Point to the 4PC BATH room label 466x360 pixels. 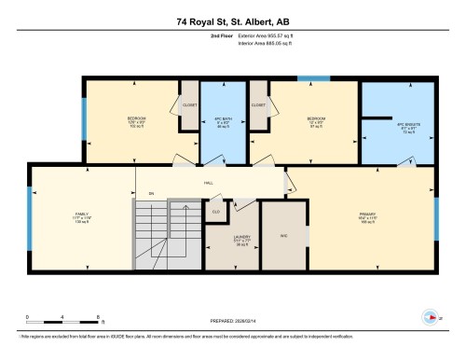(x=221, y=121)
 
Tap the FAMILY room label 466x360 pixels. (x=82, y=215)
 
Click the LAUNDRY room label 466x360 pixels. (x=240, y=240)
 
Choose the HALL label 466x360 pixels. (x=210, y=183)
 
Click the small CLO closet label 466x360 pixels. (x=216, y=213)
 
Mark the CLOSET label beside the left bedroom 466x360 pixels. (x=189, y=105)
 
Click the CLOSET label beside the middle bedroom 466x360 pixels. (x=258, y=105)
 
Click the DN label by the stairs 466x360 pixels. (x=150, y=193)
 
